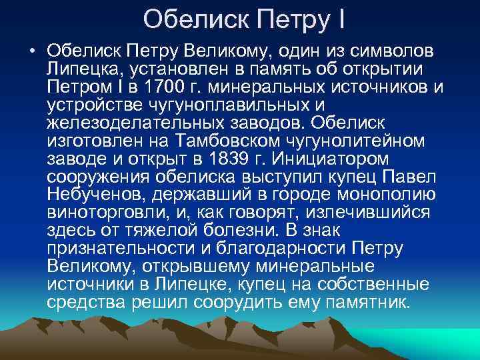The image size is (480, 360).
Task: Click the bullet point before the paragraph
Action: pos(32,51)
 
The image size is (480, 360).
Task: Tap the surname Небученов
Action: pos(96,195)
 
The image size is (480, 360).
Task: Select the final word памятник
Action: pos(370,302)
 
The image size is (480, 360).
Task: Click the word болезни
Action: pos(249,231)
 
